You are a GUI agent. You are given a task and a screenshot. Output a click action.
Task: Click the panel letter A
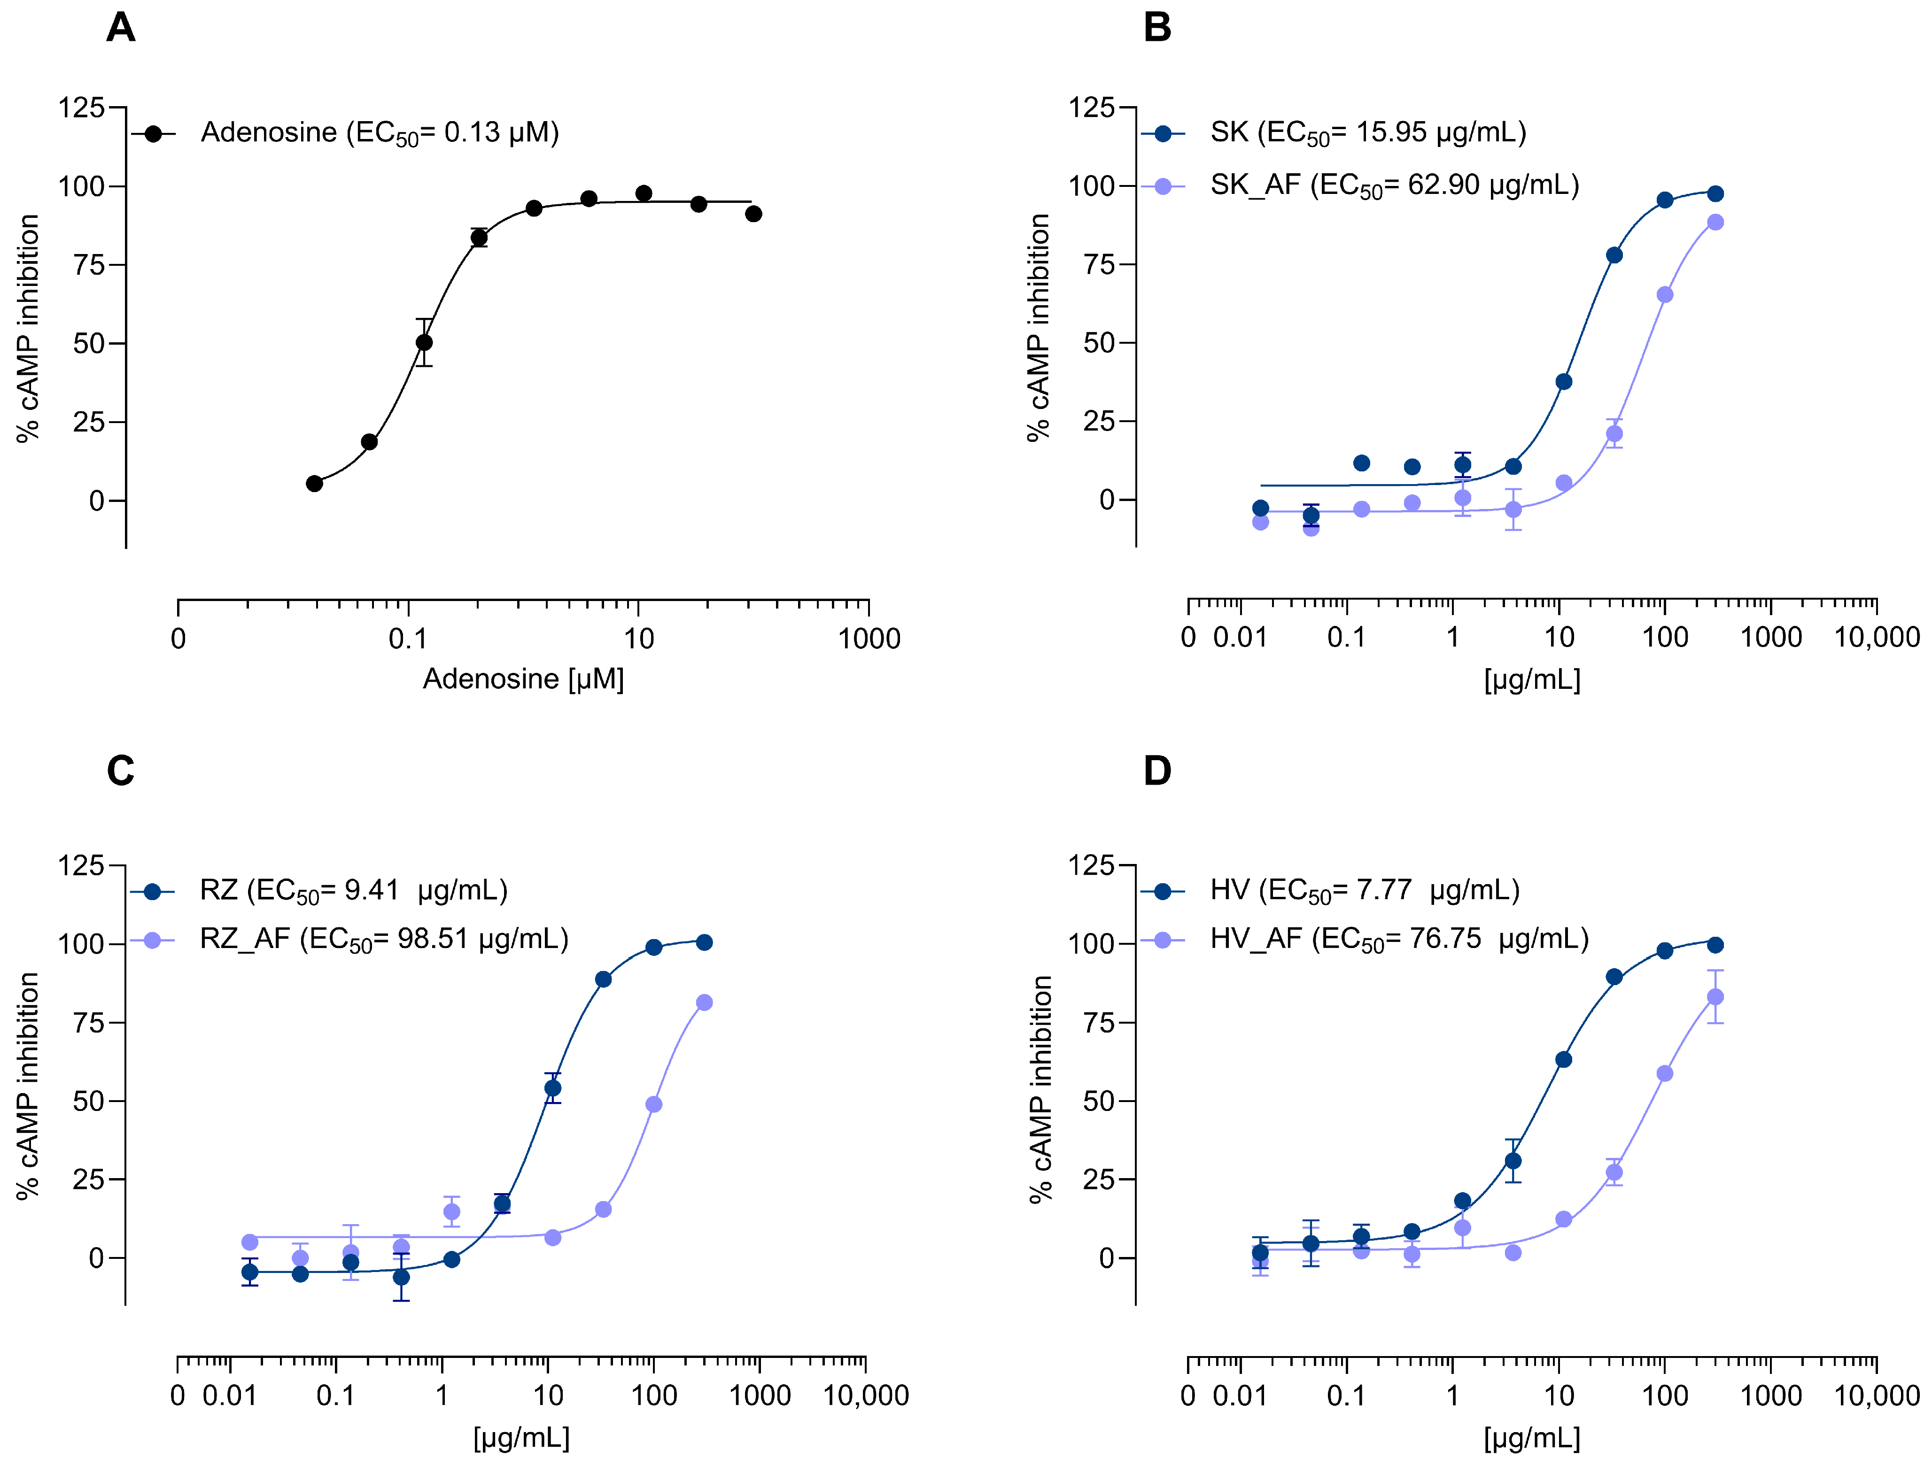pos(121,27)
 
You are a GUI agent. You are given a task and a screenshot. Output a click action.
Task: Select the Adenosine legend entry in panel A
pos(379,133)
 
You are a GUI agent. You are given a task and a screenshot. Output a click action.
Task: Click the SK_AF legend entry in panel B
pos(1394,185)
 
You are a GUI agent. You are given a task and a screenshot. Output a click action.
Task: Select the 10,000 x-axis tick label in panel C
pos(866,1395)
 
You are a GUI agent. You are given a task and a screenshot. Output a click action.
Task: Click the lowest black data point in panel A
pos(314,484)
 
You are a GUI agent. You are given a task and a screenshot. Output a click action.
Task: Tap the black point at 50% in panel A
pos(424,342)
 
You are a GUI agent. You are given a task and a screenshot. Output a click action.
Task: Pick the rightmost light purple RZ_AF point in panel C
pos(704,1002)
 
